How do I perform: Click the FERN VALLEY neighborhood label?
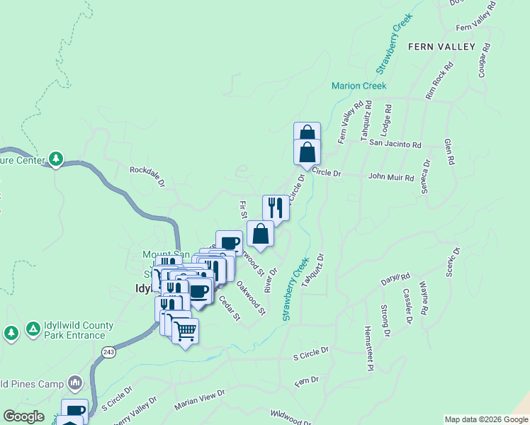[441, 47]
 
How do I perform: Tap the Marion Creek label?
[359, 86]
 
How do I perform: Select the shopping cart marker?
[185, 330]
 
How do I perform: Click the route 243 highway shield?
[108, 352]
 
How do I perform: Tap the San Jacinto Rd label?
[395, 144]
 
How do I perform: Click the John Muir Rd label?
[390, 178]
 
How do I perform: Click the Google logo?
[23, 416]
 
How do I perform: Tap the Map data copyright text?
[486, 419]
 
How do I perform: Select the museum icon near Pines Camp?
[75, 383]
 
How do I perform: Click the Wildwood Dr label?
[291, 418]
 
